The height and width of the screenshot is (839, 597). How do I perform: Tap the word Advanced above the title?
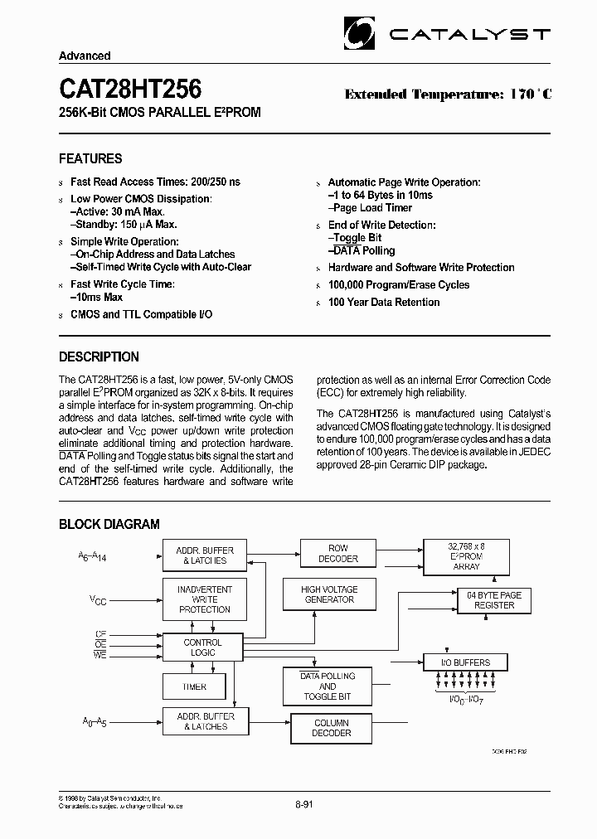click(x=85, y=56)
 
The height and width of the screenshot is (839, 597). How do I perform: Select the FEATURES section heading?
click(x=90, y=158)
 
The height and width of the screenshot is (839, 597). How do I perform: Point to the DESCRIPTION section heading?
click(x=99, y=357)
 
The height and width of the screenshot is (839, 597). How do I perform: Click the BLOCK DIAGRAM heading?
click(x=109, y=524)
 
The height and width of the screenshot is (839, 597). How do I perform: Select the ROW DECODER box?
click(x=338, y=554)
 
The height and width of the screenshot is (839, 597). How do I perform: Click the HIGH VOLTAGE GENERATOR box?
click(x=329, y=594)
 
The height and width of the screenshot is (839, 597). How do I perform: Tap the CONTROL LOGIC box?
click(x=202, y=647)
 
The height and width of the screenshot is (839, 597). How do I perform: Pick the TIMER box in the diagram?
click(x=194, y=686)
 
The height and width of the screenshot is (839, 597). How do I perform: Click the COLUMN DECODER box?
click(x=332, y=728)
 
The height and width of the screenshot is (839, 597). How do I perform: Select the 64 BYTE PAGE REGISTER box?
click(x=493, y=600)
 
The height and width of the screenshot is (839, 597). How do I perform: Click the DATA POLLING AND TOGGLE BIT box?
click(x=328, y=686)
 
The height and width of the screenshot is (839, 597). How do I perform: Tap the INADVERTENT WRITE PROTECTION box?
click(x=204, y=599)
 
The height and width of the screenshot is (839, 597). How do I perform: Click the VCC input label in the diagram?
click(x=98, y=598)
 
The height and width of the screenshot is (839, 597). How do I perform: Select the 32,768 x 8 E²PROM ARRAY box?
click(x=466, y=555)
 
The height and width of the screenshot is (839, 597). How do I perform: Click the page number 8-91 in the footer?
click(x=305, y=804)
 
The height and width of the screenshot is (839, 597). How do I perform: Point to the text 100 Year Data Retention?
click(x=383, y=303)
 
